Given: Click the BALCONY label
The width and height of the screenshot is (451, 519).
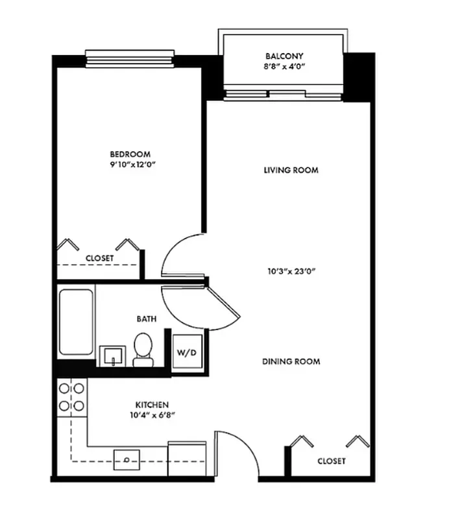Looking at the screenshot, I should pyautogui.click(x=284, y=56).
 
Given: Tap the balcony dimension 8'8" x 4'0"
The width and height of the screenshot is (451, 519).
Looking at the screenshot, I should pyautogui.click(x=284, y=66).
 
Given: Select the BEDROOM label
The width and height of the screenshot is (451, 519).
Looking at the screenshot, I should pyautogui.click(x=130, y=154).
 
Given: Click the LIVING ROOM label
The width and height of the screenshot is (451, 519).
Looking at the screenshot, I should pyautogui.click(x=291, y=170).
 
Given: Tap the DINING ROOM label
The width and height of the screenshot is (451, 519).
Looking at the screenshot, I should pyautogui.click(x=291, y=361).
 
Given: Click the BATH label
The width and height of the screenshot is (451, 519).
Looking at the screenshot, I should pyautogui.click(x=146, y=319).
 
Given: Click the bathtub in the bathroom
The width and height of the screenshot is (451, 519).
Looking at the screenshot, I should pyautogui.click(x=76, y=322).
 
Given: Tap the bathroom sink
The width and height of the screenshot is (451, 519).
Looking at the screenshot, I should pyautogui.click(x=112, y=356).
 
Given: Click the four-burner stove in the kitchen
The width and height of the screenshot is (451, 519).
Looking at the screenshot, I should pyautogui.click(x=71, y=396).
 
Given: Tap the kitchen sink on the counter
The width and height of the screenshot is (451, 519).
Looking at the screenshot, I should pyautogui.click(x=127, y=459).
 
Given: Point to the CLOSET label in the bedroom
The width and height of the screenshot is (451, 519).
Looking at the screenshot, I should pyautogui.click(x=100, y=258).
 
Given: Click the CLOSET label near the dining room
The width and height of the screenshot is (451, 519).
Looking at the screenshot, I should pyautogui.click(x=331, y=461).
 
